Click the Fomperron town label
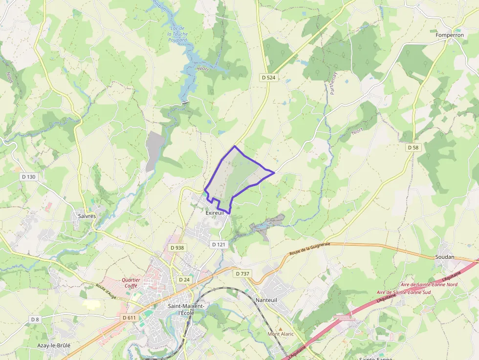click(450, 35)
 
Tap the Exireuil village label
click(215, 213)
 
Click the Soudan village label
click(445, 257)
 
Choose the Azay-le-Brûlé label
click(54, 345)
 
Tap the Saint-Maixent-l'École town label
click(186, 309)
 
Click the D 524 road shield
click(269, 77)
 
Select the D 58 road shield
click(414, 147)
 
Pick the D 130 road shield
click(28, 176)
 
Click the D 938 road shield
click(177, 248)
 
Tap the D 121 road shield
click(218, 244)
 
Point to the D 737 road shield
click(242, 274)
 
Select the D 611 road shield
click(129, 318)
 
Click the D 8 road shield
click(35, 319)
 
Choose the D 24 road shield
click(184, 279)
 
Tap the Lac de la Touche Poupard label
click(177, 34)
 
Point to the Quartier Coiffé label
click(131, 283)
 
